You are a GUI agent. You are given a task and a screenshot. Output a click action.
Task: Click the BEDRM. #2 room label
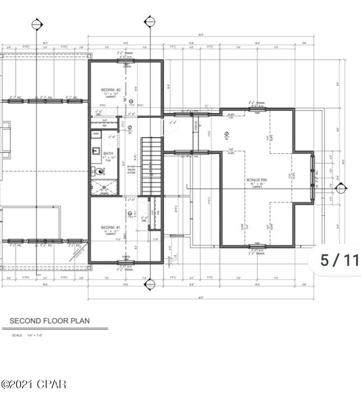click(108, 90)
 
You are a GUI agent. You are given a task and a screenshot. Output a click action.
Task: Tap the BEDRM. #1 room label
click(108, 227)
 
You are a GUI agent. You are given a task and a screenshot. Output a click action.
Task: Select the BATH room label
click(108, 154)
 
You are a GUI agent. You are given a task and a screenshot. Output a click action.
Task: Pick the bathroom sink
click(95, 151)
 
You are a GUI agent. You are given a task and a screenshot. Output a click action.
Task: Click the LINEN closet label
click(96, 134)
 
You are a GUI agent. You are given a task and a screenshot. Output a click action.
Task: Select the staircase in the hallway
click(152, 167)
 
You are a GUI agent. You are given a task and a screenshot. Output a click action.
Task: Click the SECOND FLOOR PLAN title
click(49, 320)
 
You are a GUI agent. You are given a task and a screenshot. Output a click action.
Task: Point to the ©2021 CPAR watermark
click(34, 384)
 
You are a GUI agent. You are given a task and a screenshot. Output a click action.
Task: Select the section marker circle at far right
click(341, 188)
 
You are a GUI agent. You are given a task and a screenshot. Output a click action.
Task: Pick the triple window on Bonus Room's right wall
click(313, 176)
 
